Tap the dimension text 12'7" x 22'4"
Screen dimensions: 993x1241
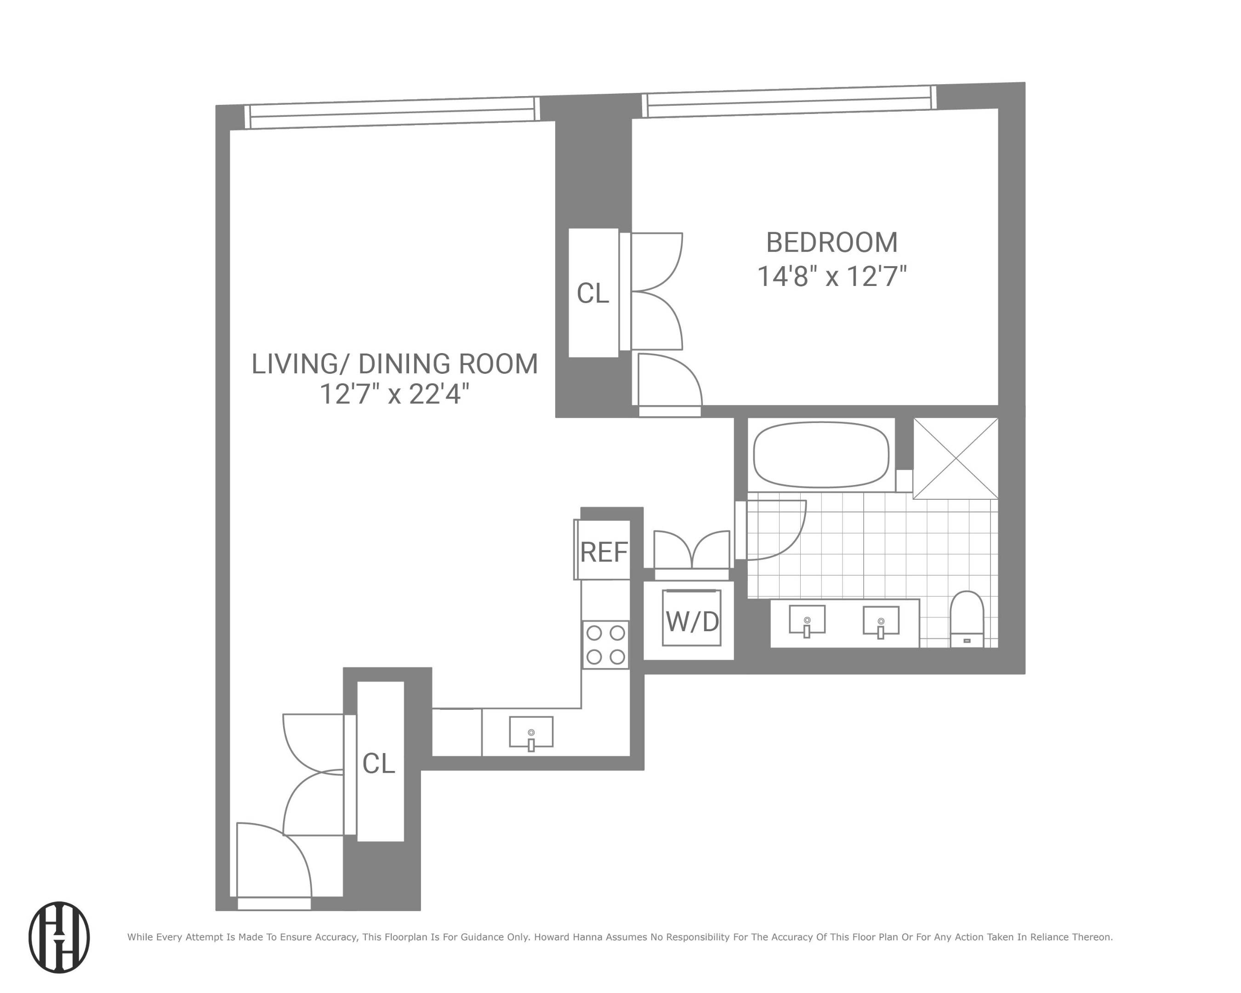(x=394, y=395)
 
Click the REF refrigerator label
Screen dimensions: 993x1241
(x=603, y=552)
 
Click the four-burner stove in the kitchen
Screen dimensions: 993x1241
(x=605, y=644)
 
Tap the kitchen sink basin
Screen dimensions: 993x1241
(x=531, y=732)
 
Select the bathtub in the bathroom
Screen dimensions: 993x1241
(x=821, y=455)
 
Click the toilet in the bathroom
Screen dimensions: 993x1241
(x=967, y=619)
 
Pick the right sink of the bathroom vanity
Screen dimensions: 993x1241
(x=880, y=621)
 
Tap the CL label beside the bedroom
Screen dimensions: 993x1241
(x=592, y=294)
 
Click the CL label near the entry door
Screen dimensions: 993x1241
(x=378, y=763)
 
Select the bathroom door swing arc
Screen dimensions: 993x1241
(x=774, y=530)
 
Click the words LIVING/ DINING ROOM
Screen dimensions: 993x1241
(x=394, y=364)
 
